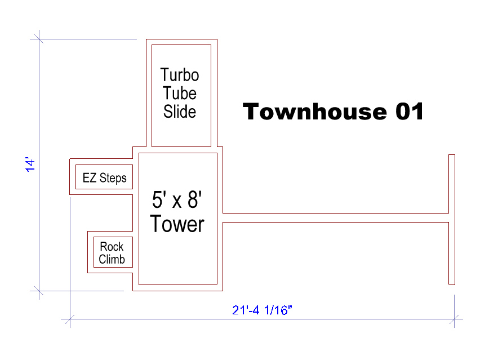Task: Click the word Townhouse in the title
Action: [x=315, y=112]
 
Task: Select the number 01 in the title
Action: [x=410, y=112]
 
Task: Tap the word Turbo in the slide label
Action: [x=180, y=75]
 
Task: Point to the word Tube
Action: [x=180, y=94]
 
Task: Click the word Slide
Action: [x=180, y=112]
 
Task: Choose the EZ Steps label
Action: [x=104, y=177]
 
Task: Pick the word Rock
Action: [x=112, y=247]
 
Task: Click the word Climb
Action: [x=112, y=259]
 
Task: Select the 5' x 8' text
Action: [x=177, y=199]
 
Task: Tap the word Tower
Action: [x=177, y=224]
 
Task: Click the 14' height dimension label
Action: [x=30, y=165]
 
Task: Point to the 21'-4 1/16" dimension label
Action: [x=262, y=310]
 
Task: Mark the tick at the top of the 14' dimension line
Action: [x=39, y=39]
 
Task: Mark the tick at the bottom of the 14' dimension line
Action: [x=39, y=291]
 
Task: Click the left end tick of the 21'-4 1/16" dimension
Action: [x=70, y=319]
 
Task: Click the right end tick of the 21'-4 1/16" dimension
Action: [x=454, y=319]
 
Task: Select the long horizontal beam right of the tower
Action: [x=336, y=217]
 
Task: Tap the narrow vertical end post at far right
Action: [x=452, y=220]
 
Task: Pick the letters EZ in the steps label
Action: [x=90, y=177]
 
